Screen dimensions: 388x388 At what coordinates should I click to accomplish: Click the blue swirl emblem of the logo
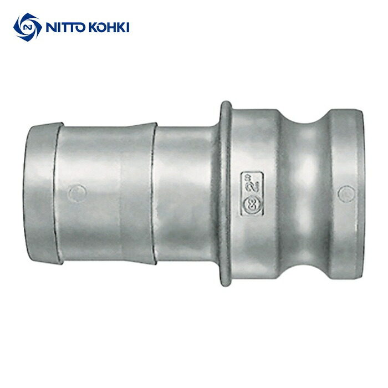[x=28, y=27]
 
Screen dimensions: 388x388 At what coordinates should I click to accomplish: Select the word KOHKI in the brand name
[x=109, y=27]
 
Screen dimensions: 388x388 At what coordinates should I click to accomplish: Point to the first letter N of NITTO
[x=51, y=27]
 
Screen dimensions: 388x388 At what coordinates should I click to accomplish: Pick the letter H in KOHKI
[x=113, y=27]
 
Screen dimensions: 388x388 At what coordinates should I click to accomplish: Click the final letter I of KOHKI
[x=127, y=27]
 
